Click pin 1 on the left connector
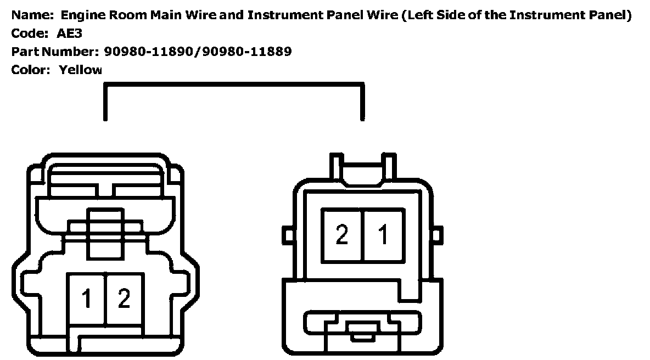click(86, 299)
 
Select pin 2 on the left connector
click(124, 299)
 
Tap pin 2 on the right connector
click(342, 235)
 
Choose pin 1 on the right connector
click(383, 235)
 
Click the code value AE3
click(70, 33)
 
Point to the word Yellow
click(81, 70)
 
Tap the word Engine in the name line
click(81, 15)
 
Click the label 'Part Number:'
click(52, 52)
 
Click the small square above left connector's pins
click(106, 223)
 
